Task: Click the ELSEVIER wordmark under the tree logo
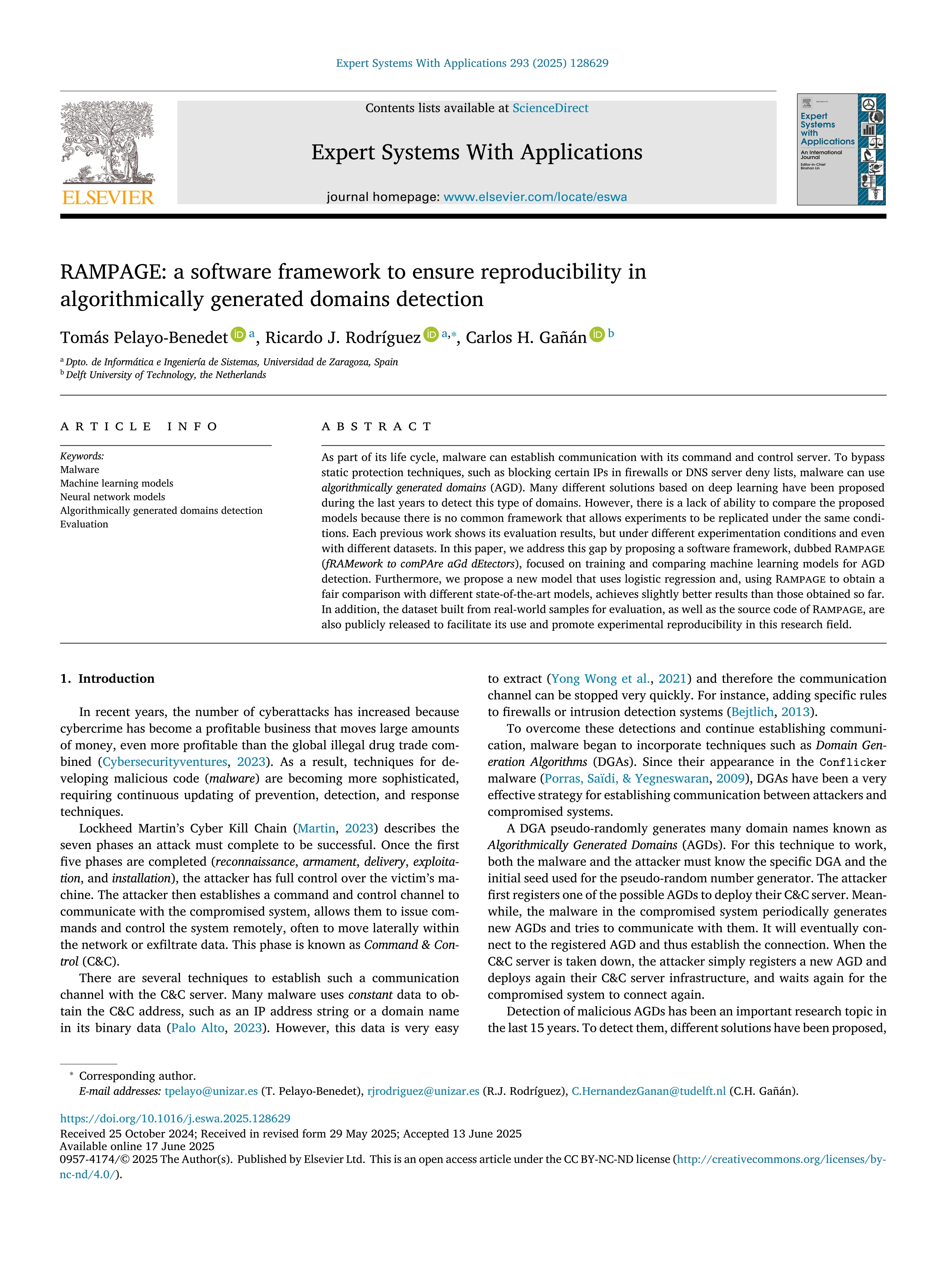point(108,198)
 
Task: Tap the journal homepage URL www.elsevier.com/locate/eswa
point(534,197)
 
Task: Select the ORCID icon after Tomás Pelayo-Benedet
point(238,335)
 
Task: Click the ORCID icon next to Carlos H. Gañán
point(597,335)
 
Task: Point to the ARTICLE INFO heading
point(139,426)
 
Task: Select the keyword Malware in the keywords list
point(80,469)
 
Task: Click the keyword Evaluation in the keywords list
point(84,524)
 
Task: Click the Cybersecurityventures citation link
point(165,762)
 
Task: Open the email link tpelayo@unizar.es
point(211,1091)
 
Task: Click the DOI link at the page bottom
point(175,1118)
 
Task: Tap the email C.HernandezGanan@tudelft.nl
point(648,1091)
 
